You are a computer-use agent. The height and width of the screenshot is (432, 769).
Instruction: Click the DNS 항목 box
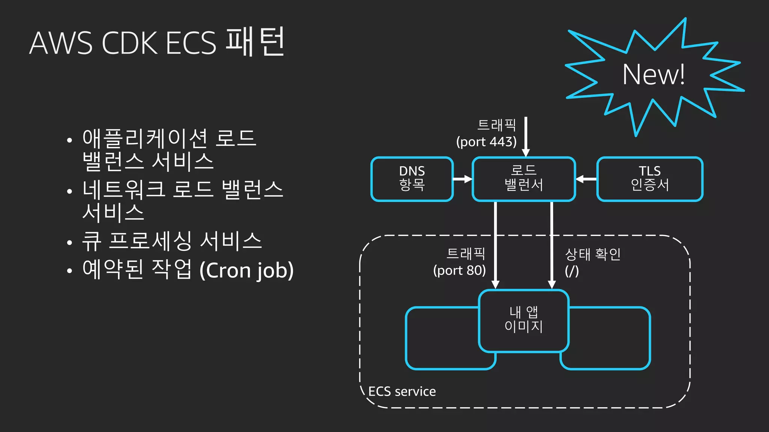412,179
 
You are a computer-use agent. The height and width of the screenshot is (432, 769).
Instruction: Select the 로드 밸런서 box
523,179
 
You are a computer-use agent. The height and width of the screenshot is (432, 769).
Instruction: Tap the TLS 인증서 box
650,179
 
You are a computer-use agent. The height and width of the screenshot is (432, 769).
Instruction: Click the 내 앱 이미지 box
523,320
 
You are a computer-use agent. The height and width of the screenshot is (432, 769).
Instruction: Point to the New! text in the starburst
653,75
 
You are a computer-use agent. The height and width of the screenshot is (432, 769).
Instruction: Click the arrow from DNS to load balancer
462,179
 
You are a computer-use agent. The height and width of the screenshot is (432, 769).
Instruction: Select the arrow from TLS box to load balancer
586,179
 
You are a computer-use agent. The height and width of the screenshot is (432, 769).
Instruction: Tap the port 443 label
486,142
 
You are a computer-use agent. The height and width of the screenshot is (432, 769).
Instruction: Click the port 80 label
459,270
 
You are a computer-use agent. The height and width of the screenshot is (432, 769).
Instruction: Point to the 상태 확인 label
593,255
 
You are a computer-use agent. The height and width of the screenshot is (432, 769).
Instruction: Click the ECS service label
402,391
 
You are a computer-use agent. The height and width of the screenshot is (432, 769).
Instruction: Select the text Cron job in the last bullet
246,270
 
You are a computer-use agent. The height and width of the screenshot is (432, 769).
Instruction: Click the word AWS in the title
60,43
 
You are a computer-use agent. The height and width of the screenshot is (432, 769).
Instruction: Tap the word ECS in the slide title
191,43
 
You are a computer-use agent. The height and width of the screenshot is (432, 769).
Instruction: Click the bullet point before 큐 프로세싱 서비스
69,242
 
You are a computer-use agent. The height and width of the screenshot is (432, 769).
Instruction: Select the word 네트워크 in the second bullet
124,189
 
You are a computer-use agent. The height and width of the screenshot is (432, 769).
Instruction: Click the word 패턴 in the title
255,42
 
